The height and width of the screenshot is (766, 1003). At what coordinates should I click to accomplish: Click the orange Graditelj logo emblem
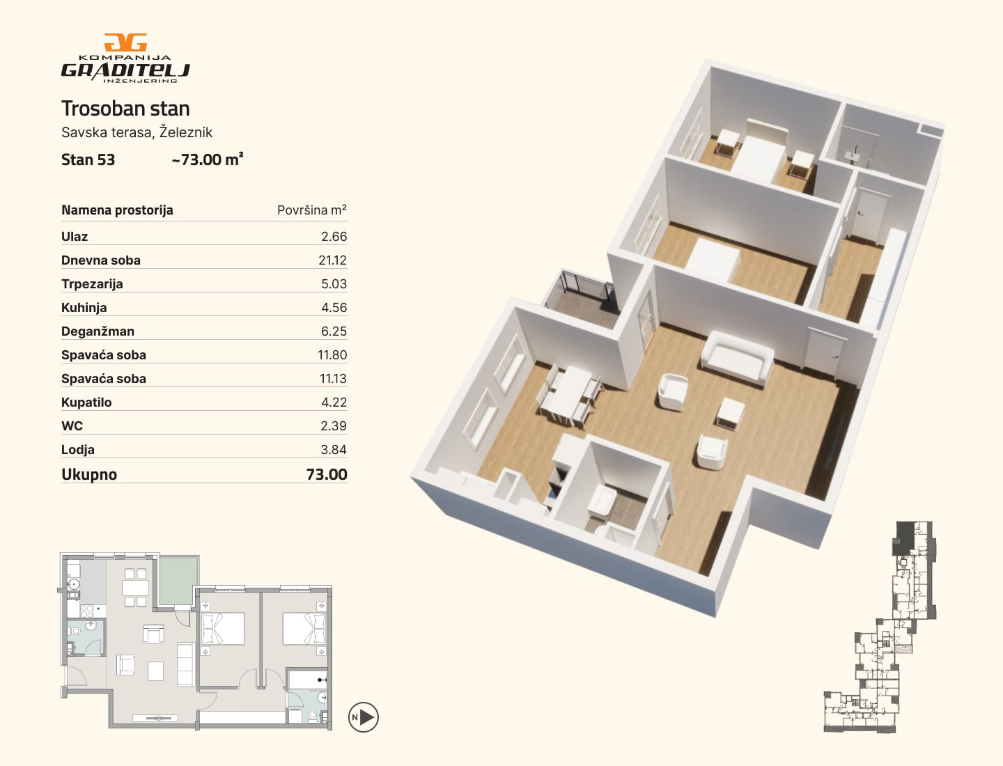pyautogui.click(x=125, y=42)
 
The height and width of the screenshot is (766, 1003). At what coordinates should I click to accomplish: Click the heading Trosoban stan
pyautogui.click(x=125, y=109)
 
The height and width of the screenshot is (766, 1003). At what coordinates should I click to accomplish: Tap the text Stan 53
pyautogui.click(x=88, y=160)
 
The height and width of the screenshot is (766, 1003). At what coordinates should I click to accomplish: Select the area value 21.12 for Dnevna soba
pyautogui.click(x=333, y=260)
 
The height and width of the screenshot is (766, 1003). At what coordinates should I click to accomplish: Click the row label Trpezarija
pyautogui.click(x=92, y=284)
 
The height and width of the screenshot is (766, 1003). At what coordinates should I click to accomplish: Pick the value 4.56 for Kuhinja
pyautogui.click(x=334, y=308)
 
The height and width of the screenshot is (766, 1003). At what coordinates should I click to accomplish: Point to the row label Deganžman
pyautogui.click(x=98, y=331)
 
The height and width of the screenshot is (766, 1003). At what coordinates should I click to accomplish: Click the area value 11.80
pyautogui.click(x=332, y=355)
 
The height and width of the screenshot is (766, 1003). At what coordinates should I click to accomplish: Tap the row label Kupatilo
pyautogui.click(x=86, y=402)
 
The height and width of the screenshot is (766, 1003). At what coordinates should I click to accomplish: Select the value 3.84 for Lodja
pyautogui.click(x=334, y=450)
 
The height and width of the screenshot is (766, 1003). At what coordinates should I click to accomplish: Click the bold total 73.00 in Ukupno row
pyautogui.click(x=327, y=475)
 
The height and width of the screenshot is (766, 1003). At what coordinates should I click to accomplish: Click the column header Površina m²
pyautogui.click(x=311, y=210)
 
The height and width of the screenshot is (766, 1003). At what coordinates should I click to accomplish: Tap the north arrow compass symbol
pyautogui.click(x=364, y=717)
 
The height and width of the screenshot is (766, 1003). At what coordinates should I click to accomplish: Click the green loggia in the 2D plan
pyautogui.click(x=179, y=580)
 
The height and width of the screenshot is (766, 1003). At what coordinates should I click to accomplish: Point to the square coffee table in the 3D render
pyautogui.click(x=730, y=413)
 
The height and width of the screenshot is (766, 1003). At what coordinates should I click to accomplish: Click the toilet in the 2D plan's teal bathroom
pyautogui.click(x=313, y=715)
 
